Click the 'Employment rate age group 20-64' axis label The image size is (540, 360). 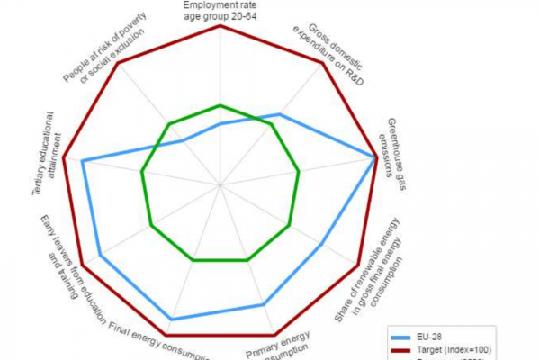220,10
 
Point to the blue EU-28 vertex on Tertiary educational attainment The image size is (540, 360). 83,162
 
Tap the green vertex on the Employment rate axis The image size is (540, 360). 220,105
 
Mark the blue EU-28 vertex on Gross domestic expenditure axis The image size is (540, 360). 281,114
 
